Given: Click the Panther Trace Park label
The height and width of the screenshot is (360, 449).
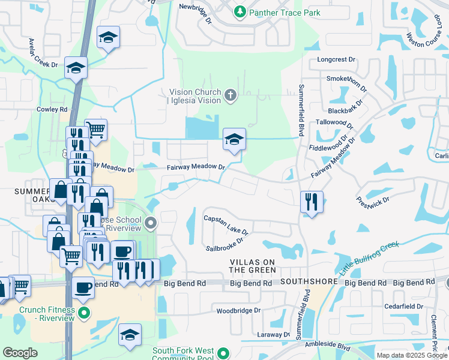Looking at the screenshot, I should [x=285, y=12].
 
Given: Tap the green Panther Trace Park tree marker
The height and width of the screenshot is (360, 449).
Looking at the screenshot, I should [x=240, y=11].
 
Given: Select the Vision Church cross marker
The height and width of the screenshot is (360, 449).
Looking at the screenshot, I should [x=230, y=95].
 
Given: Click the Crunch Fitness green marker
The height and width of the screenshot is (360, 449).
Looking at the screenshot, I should [x=84, y=313].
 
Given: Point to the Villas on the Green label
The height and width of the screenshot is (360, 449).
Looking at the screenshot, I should [x=253, y=266].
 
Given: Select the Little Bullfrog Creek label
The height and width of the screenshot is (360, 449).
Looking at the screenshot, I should [x=360, y=259].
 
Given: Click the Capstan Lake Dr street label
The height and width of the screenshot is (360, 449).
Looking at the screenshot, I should [x=226, y=225].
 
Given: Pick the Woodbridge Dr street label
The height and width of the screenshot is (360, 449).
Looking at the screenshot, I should [x=238, y=310].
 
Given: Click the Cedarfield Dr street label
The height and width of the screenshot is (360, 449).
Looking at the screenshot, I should [x=403, y=306].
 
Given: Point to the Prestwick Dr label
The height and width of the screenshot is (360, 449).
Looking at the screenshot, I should [x=373, y=202].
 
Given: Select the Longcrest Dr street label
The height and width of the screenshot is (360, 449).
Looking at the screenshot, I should [x=336, y=60].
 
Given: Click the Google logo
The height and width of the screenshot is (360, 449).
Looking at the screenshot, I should [x=20, y=353].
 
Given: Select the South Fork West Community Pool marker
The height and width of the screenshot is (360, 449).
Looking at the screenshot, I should [x=224, y=353].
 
